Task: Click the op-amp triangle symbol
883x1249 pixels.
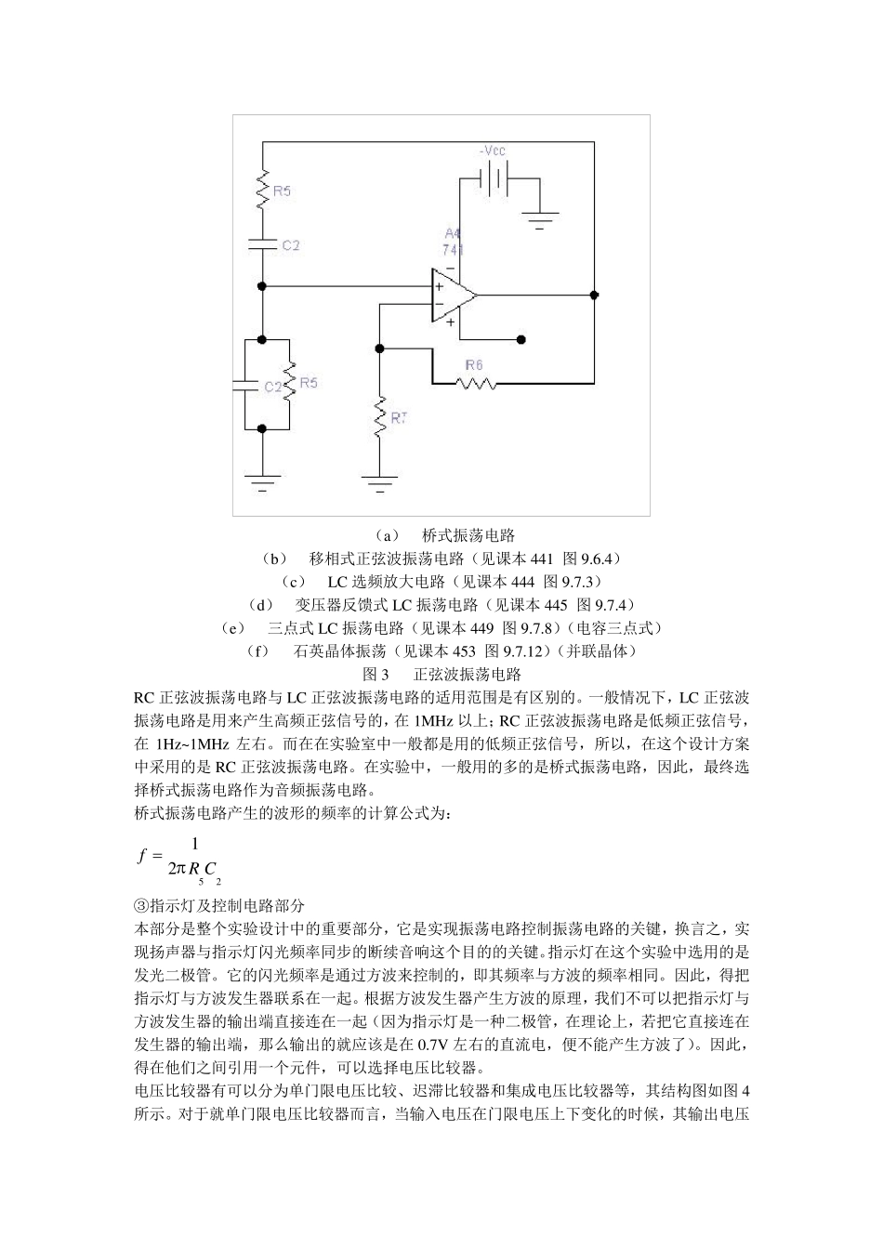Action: coord(453,296)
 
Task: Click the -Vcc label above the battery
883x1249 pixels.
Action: coord(493,151)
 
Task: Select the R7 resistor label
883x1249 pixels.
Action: coord(399,419)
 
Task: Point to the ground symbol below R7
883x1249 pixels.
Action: coord(379,483)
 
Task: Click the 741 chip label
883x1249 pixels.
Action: coord(453,250)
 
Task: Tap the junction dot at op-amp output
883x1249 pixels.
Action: coord(594,296)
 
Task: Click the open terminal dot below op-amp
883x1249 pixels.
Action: coord(521,339)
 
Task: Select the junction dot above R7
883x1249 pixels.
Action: coord(379,348)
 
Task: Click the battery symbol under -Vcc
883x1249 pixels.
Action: coord(494,178)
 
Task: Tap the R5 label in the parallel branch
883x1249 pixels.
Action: coord(308,382)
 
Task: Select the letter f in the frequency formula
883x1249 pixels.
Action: coord(143,856)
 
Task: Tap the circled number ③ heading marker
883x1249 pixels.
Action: coord(141,904)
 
